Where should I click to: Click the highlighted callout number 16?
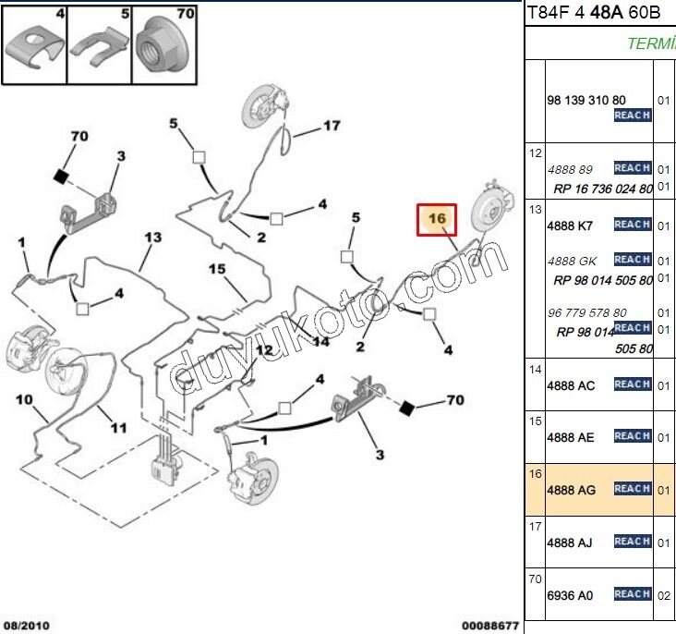click(437, 219)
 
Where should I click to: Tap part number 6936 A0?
click(571, 594)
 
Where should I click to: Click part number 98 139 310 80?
click(585, 101)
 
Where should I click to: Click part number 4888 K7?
click(570, 226)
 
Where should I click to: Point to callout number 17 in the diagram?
click(332, 126)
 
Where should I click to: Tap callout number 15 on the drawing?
click(216, 269)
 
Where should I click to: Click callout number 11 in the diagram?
click(118, 428)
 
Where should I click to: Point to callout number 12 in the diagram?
click(265, 350)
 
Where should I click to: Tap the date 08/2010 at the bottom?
click(25, 626)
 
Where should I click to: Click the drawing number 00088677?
click(490, 626)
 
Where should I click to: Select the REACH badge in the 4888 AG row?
click(633, 489)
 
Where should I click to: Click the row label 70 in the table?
click(535, 580)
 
